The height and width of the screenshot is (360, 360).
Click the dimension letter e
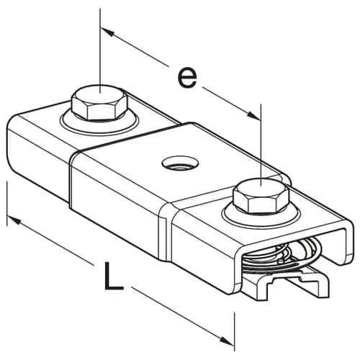click(187, 78)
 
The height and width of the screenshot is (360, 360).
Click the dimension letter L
click(114, 275)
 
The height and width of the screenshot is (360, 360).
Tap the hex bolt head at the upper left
click(100, 102)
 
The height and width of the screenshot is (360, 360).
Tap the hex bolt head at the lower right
click(261, 196)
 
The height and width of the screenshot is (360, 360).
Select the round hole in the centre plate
click(181, 163)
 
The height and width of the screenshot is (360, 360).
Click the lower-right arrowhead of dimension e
click(254, 115)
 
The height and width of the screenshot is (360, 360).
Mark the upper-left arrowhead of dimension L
click(14, 220)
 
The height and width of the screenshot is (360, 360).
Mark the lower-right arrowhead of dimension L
click(227, 341)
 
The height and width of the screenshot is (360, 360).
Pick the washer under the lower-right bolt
click(261, 214)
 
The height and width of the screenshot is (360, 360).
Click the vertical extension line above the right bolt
click(261, 145)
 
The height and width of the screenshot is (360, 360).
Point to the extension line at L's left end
click(7, 204)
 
